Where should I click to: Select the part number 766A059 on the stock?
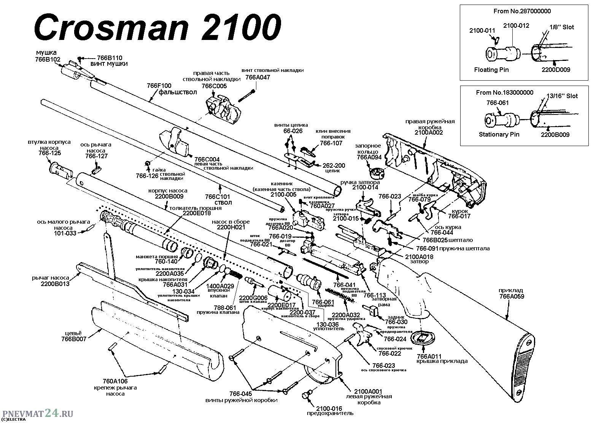coord(512,296)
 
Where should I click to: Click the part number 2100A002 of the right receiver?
coord(429,132)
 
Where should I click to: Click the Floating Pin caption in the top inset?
coord(491,70)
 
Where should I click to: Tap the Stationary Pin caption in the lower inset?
coord(499,134)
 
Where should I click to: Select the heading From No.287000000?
coord(522,11)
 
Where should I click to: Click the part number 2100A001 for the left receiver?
coord(368,391)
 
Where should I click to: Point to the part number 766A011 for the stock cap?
coord(429,356)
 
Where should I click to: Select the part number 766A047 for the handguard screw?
coord(257,77)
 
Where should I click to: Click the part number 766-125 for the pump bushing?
coord(49,153)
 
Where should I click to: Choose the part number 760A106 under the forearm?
coord(115,382)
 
